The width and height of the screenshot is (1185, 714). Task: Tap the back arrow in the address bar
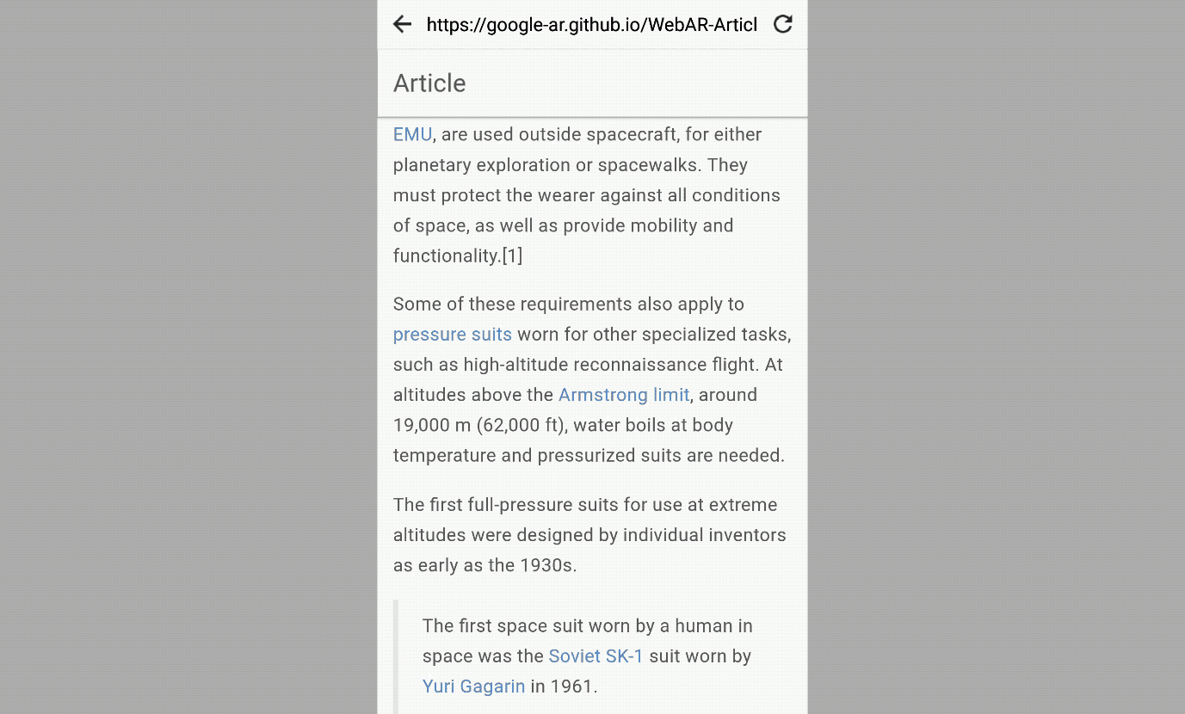pos(402,24)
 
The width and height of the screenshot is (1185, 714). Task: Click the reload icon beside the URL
pos(782,24)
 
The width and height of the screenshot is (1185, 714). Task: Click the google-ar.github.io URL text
pos(591,25)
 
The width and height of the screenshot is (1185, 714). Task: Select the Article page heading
pos(429,83)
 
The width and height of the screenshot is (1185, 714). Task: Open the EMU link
pos(412,135)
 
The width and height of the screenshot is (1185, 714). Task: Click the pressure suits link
pos(452,335)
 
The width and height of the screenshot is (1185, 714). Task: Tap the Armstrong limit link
pos(623,395)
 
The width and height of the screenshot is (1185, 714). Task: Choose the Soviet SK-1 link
pos(596,656)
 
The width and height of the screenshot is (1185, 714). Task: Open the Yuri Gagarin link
pos(473,686)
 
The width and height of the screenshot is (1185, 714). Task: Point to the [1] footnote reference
pos(512,256)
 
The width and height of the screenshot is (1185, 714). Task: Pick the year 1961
pos(571,686)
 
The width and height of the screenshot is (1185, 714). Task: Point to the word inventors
pos(746,535)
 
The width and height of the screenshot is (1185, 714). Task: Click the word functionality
pos(446,256)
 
